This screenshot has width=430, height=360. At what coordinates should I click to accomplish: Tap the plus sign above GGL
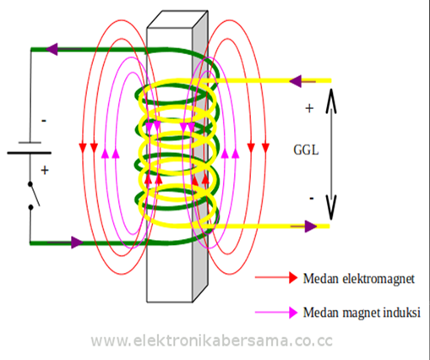pyautogui.click(x=309, y=109)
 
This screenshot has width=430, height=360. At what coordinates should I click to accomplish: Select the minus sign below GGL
pyautogui.click(x=310, y=197)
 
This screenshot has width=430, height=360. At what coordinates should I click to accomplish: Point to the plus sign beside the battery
pyautogui.click(x=44, y=170)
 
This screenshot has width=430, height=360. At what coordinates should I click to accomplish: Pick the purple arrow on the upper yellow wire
pyautogui.click(x=297, y=81)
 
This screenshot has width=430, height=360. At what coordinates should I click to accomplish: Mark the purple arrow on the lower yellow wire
pyautogui.click(x=311, y=226)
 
